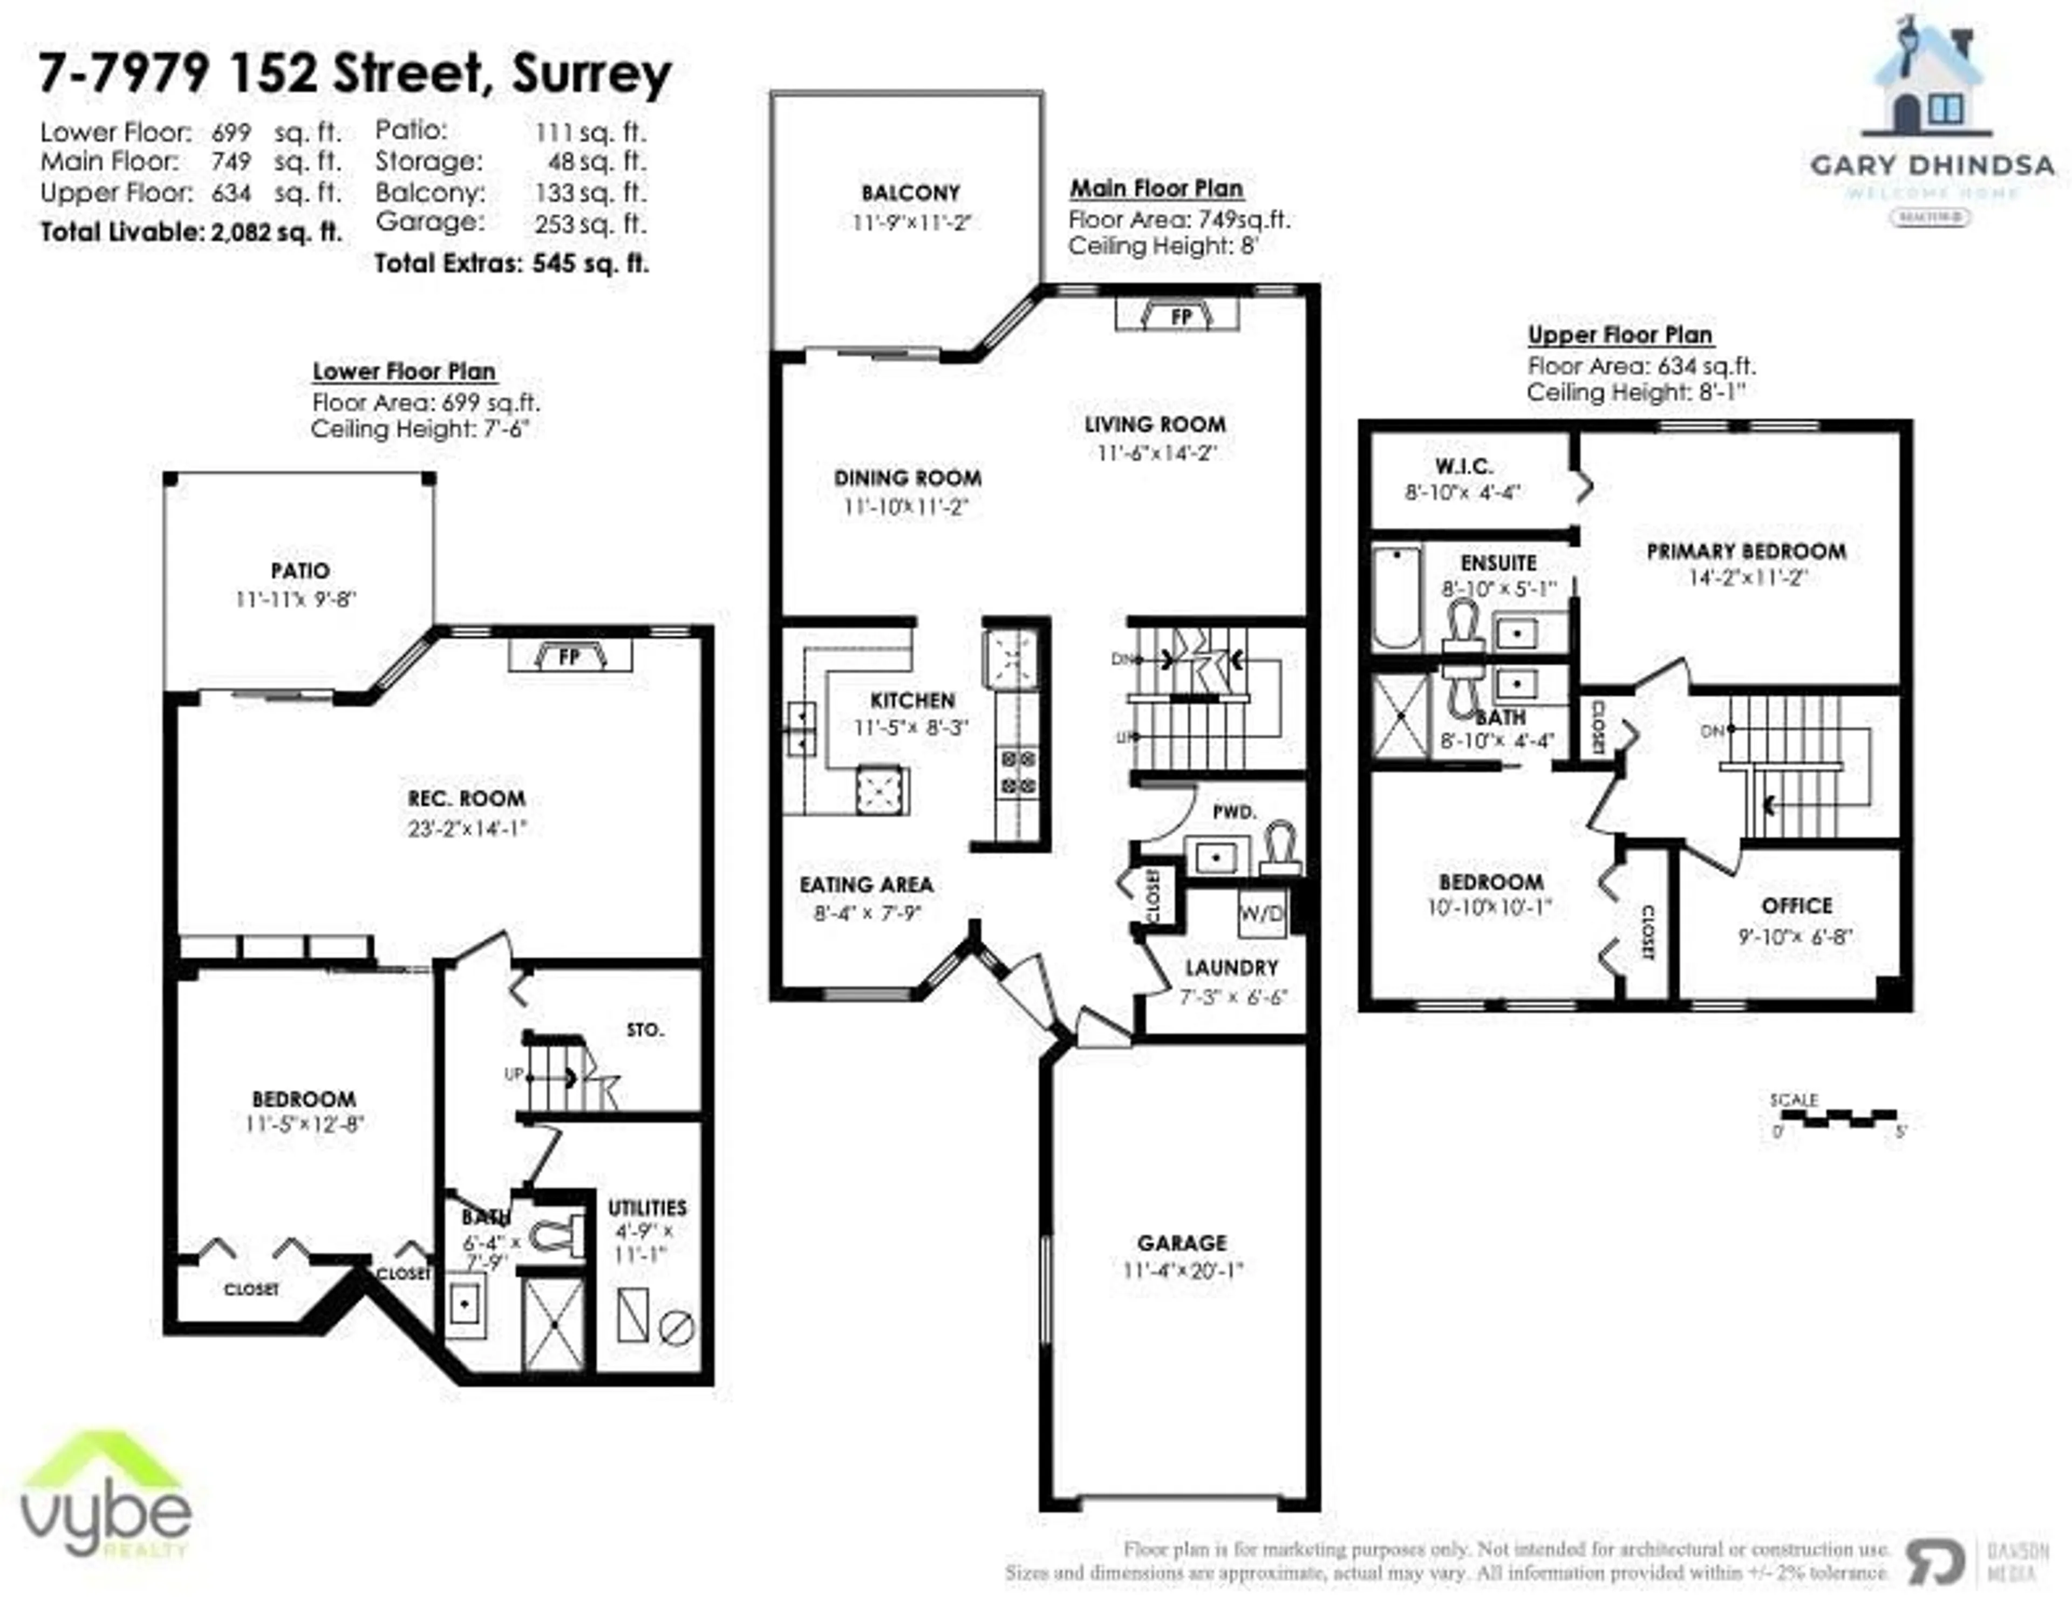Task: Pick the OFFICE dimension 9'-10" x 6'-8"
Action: (x=1795, y=936)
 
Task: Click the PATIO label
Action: (x=300, y=570)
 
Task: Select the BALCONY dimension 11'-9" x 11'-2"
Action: (x=911, y=223)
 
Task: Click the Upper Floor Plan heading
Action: (x=1619, y=335)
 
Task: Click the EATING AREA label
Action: (x=866, y=884)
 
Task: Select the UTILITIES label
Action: (x=647, y=1208)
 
